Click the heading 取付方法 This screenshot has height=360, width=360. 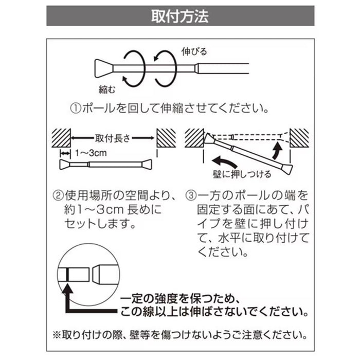(179, 16)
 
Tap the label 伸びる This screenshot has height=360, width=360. (194, 51)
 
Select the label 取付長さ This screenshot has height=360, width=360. (113, 138)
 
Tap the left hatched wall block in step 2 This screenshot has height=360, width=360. (62, 138)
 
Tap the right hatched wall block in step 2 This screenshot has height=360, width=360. (166, 138)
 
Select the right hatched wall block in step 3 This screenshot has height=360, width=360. (300, 138)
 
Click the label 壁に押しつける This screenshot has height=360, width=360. (242, 174)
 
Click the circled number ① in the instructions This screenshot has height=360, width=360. (75, 109)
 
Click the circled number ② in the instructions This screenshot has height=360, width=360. (59, 196)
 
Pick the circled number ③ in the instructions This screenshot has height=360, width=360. (191, 196)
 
